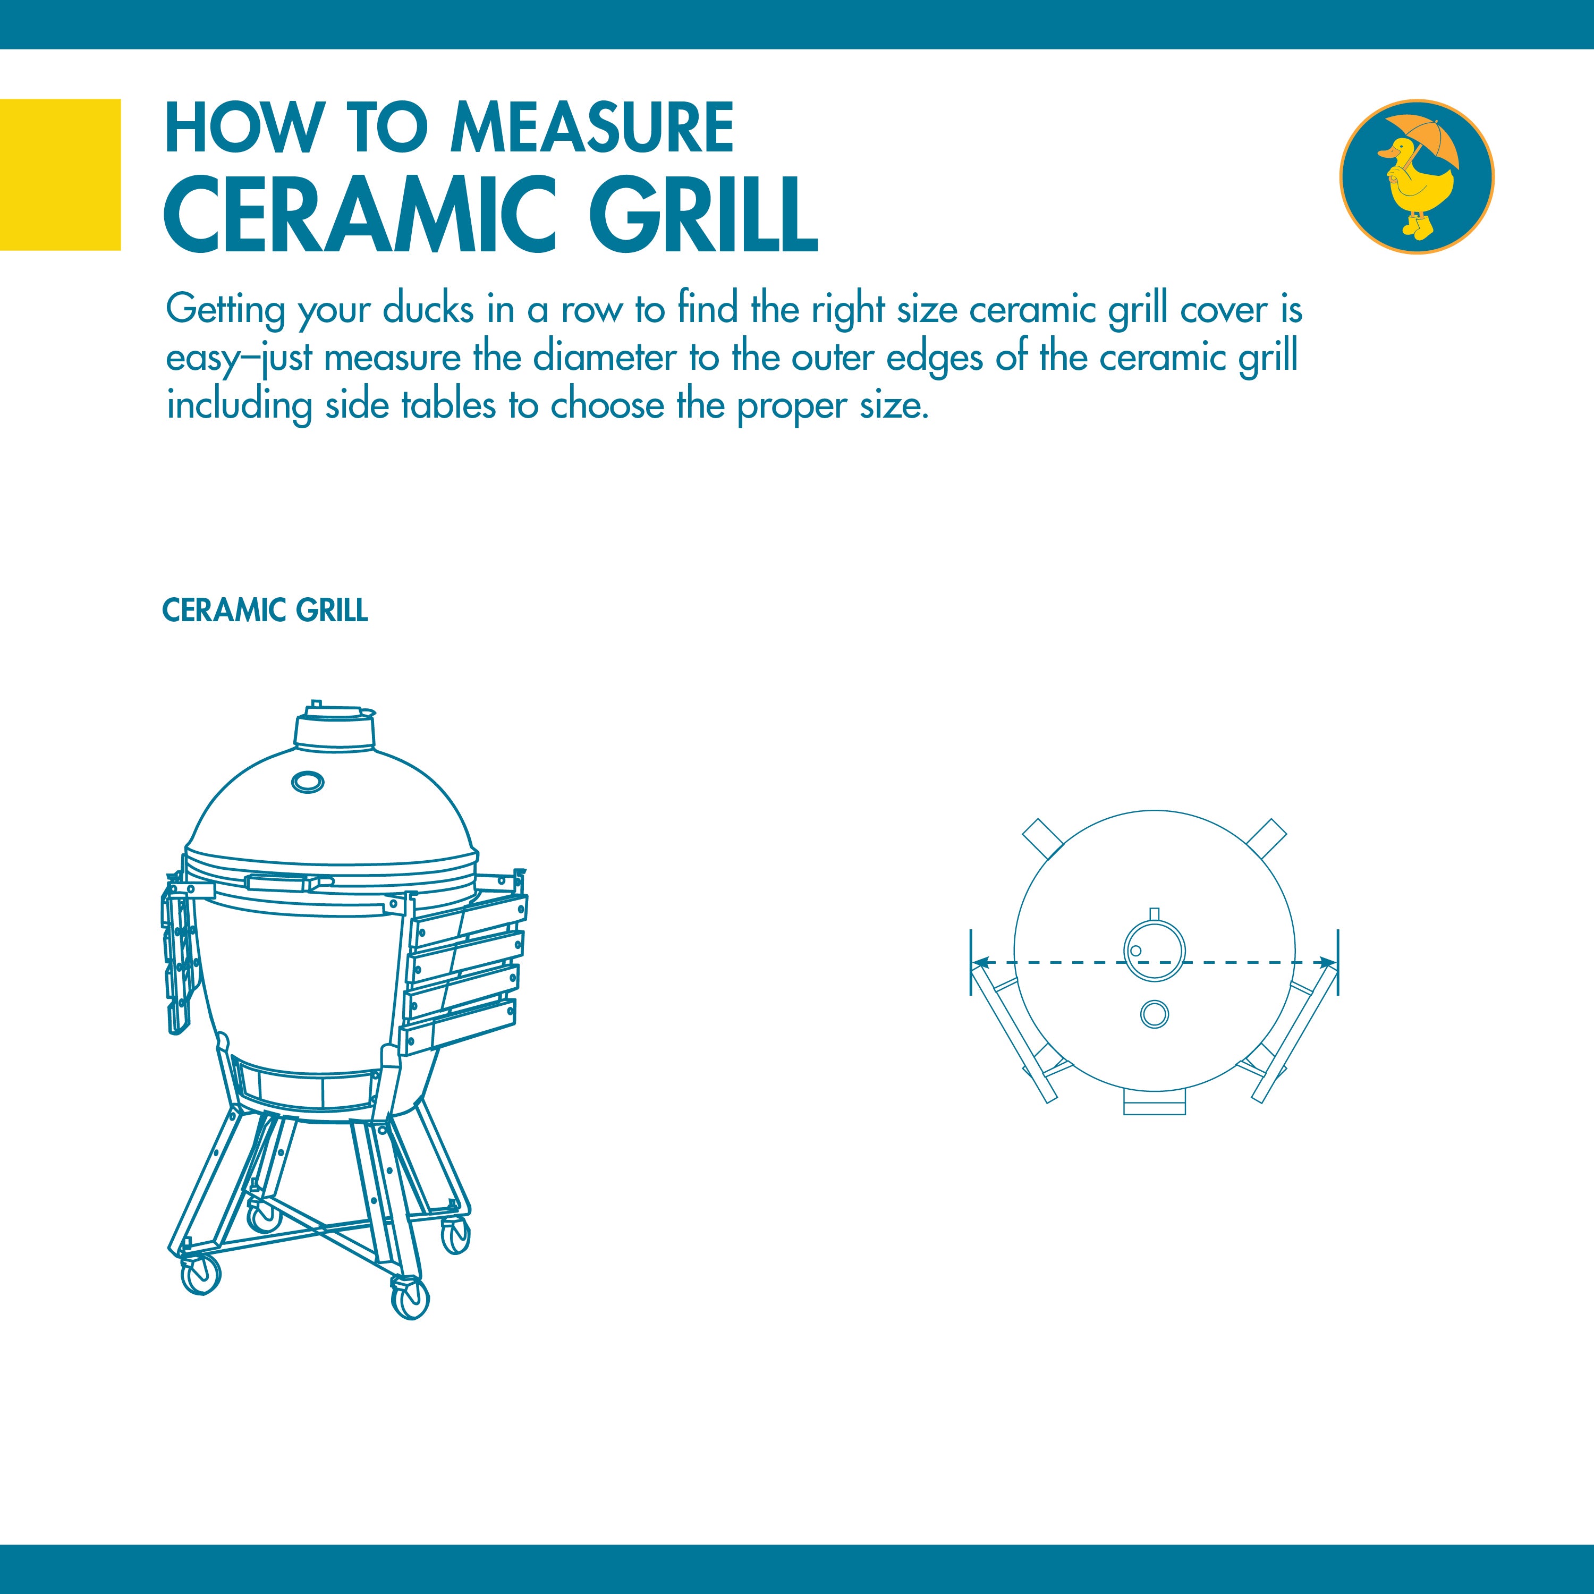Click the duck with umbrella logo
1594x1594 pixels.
click(1416, 176)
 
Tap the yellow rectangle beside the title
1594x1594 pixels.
click(60, 174)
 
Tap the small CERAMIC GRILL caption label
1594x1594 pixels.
click(265, 611)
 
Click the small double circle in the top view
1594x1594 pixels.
click(1154, 1013)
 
